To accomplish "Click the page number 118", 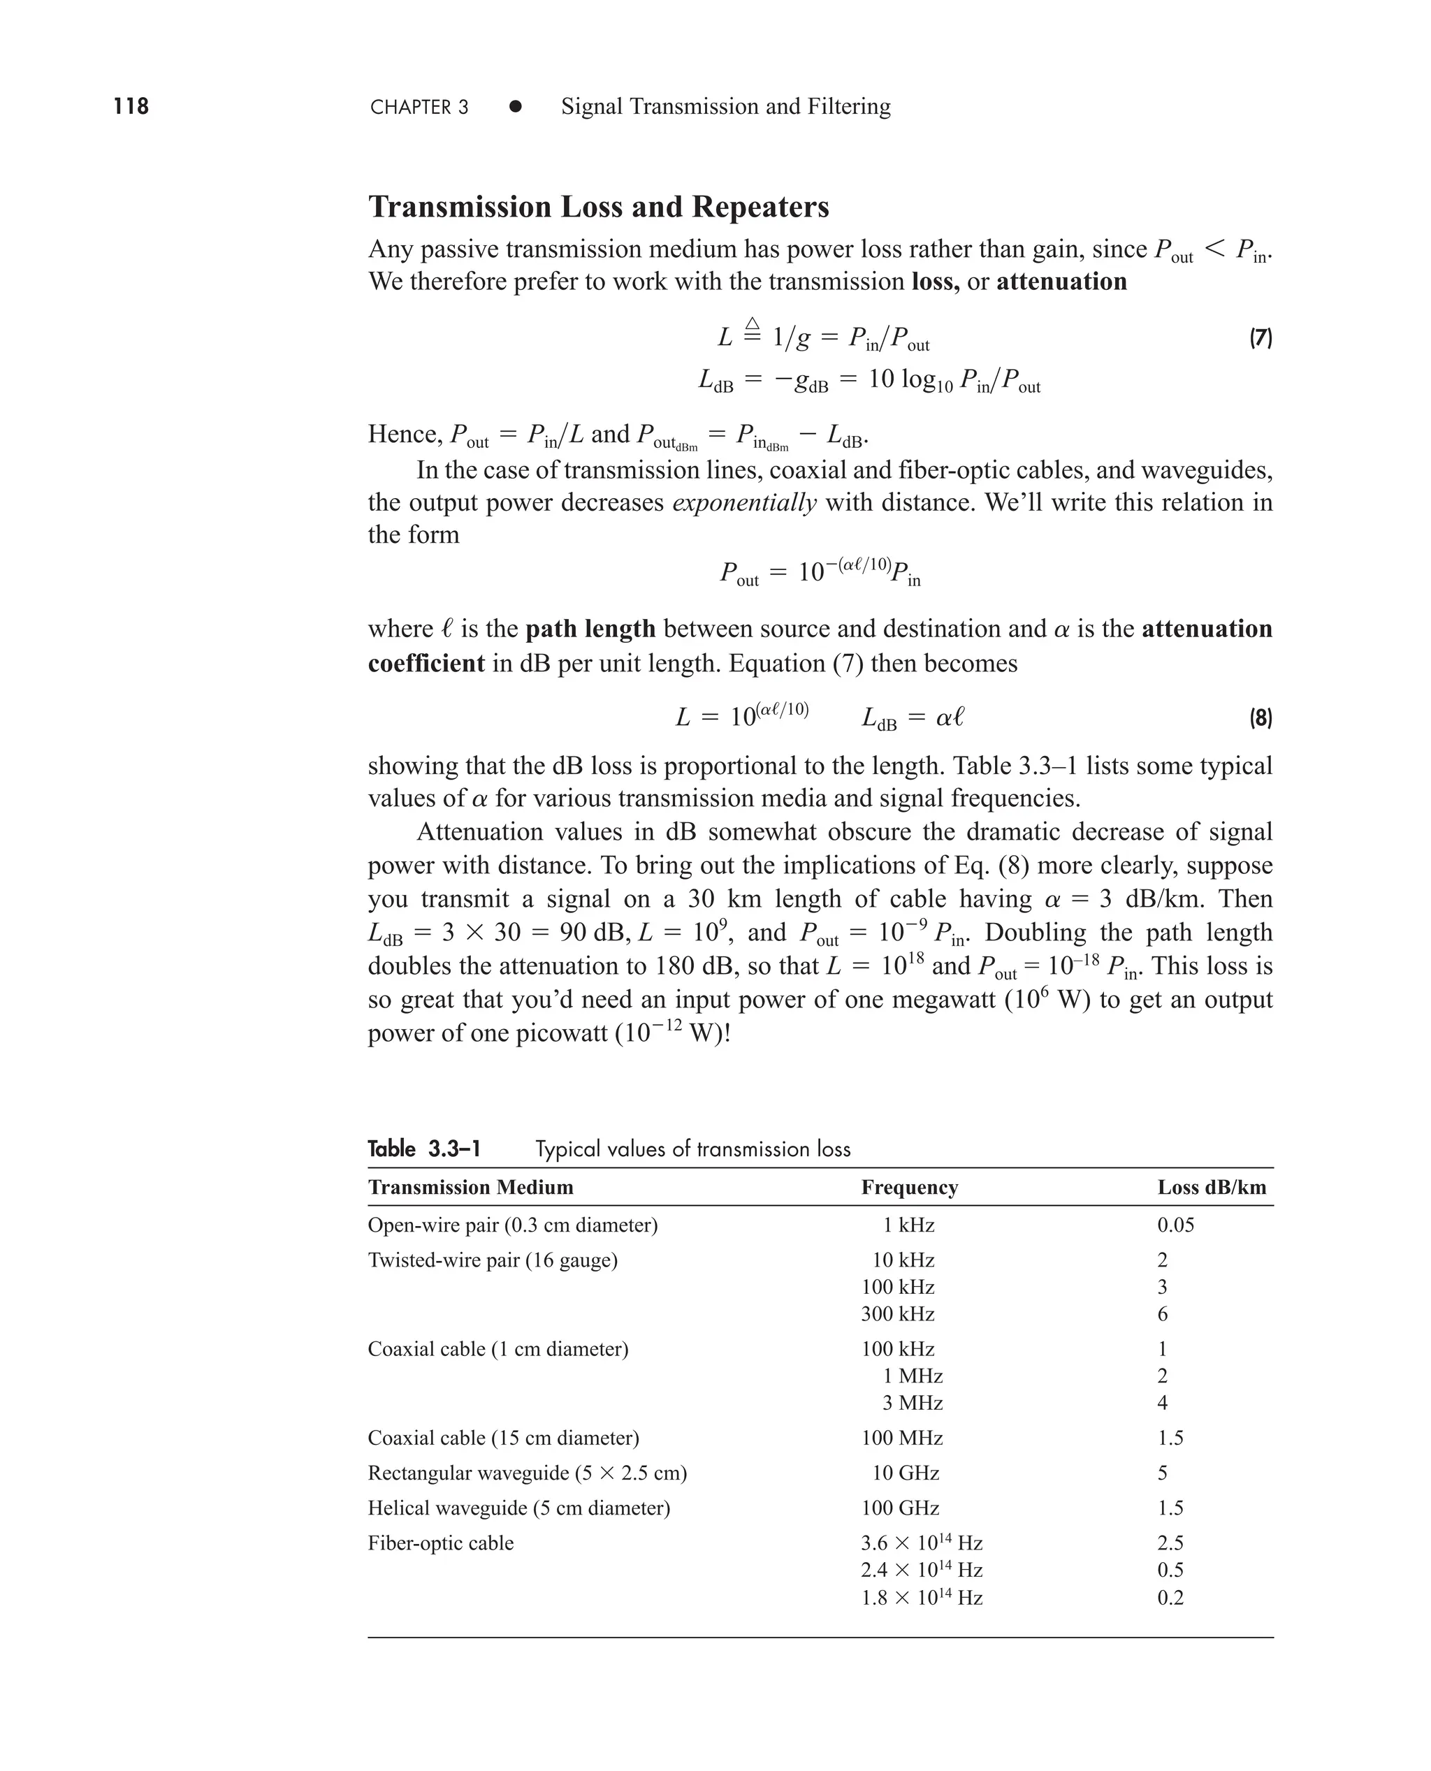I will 131,106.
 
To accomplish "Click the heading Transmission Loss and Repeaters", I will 598,207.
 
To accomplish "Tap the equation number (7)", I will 1261,338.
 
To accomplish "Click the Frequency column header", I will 909,1188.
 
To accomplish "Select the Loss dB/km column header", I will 1211,1188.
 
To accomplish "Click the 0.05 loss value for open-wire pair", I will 1175,1225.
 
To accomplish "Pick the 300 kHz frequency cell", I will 898,1313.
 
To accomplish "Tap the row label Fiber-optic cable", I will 440,1543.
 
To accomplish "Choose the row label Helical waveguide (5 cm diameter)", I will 518,1508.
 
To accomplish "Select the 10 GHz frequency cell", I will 906,1473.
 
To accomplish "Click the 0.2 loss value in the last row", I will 1170,1597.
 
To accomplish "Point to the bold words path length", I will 590,629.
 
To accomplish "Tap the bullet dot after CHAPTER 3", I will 515,106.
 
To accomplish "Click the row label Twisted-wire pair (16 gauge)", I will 492,1260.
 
